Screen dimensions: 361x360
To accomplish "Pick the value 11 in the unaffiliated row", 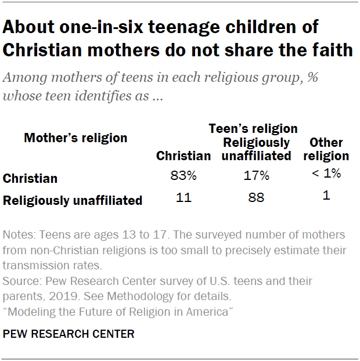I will tap(183, 197).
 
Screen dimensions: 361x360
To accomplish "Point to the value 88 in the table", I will tap(256, 198).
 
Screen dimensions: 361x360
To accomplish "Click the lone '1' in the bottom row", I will tap(326, 196).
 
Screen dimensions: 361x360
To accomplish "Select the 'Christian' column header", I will tap(183, 156).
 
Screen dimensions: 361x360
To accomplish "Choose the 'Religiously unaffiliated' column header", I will tap(256, 149).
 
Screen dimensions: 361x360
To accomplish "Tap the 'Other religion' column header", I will tap(326, 149).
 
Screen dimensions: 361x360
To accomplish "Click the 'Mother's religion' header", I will tap(75, 138).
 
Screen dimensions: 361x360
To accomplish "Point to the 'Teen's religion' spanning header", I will tap(253, 128).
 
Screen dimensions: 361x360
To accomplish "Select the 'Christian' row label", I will tap(30, 179).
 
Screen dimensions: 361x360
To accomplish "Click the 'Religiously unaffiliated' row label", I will tap(73, 201).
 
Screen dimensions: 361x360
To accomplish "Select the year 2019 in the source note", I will tap(72, 295).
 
